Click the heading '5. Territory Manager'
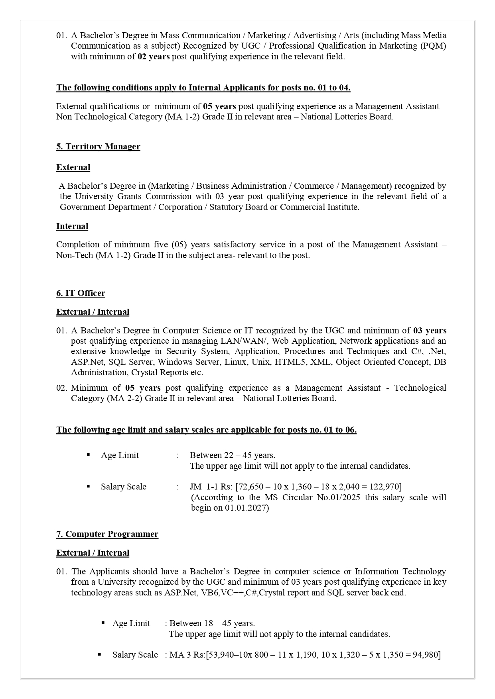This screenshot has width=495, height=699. pyautogui.click(x=98, y=147)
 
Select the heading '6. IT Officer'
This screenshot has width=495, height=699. pyautogui.click(x=81, y=293)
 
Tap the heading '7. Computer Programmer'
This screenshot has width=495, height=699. pyautogui.click(x=107, y=534)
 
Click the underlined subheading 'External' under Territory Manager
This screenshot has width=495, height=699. pyautogui.click(x=73, y=167)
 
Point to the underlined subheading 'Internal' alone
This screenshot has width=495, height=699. pyautogui.click(x=72, y=226)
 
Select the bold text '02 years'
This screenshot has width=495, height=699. pyautogui.click(x=154, y=57)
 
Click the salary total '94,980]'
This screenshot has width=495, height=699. pyautogui.click(x=426, y=655)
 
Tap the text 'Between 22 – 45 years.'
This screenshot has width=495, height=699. pyautogui.click(x=233, y=455)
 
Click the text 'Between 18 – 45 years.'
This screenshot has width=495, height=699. pyautogui.click(x=212, y=623)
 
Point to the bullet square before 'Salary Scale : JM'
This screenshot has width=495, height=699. pyautogui.click(x=88, y=486)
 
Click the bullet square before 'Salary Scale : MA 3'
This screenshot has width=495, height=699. pyautogui.click(x=99, y=654)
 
